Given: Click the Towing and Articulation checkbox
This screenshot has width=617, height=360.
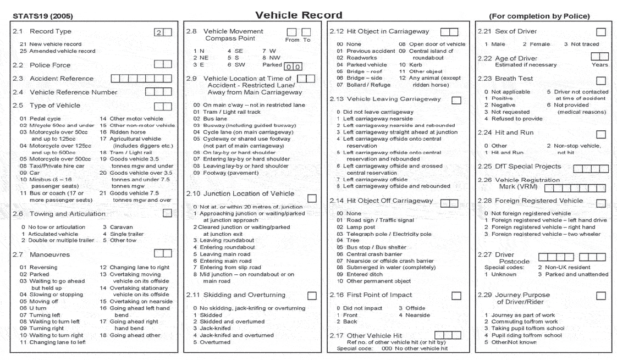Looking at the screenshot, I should [167, 214].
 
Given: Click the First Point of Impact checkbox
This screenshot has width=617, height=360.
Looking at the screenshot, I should [455, 296].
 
